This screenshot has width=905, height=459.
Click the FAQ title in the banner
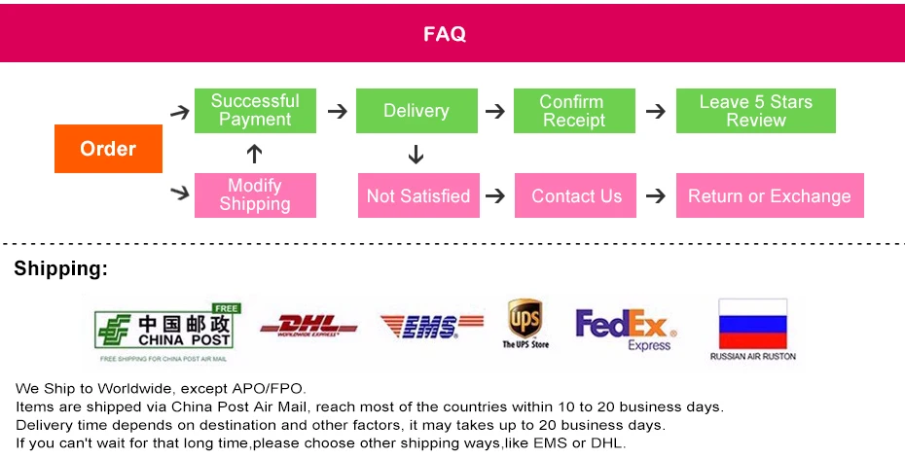coord(445,34)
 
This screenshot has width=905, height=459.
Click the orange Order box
coord(108,149)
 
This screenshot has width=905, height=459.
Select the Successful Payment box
coord(255,111)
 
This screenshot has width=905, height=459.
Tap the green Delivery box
coord(416,111)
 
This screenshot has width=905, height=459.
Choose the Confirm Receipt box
coord(574,111)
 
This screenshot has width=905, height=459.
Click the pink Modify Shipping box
coord(255,194)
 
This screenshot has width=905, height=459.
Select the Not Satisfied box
coord(417,195)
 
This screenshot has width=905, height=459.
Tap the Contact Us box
coord(576,195)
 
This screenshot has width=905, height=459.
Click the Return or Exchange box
coord(769,195)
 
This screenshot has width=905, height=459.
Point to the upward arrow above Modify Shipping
coord(255,154)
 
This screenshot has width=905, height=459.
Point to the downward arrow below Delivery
coord(416,154)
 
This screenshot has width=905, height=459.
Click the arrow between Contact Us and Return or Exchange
coord(657,195)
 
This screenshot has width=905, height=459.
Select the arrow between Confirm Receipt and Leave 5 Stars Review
coord(657,111)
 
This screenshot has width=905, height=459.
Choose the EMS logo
coord(431,326)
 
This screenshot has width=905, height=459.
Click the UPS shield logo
coord(525,318)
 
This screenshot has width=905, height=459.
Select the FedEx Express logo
coord(624,329)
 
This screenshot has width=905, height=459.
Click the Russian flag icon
coord(752,323)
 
